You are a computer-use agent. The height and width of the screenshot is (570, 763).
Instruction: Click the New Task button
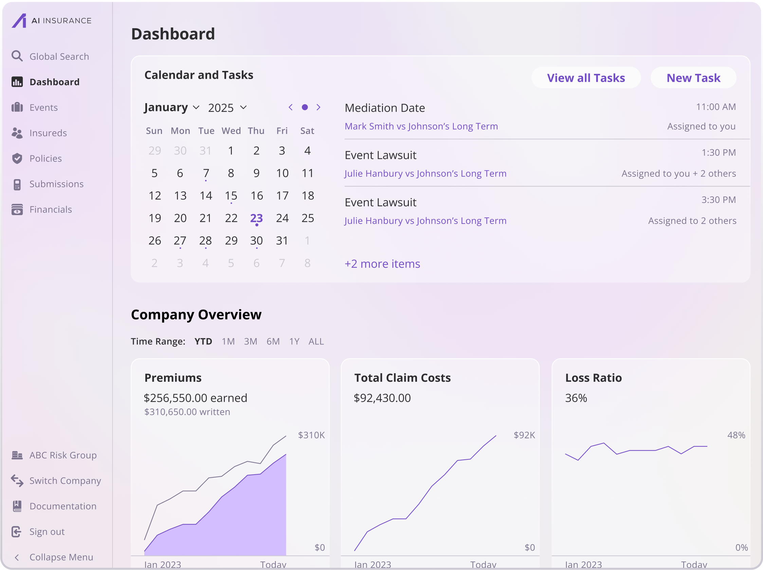click(x=693, y=78)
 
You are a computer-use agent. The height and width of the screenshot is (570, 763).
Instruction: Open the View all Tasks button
click(x=586, y=78)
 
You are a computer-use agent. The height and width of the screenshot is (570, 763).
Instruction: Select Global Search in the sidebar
click(x=59, y=57)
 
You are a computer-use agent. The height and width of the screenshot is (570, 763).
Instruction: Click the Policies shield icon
click(x=17, y=158)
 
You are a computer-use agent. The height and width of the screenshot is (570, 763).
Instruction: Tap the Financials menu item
click(x=50, y=210)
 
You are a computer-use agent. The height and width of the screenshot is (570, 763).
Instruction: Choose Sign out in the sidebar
click(x=47, y=531)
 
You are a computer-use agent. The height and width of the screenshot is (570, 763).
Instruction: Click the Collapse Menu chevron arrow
click(x=17, y=557)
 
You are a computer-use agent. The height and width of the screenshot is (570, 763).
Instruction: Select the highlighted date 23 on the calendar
click(x=256, y=218)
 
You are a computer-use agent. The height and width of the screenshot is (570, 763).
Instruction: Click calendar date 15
click(x=231, y=196)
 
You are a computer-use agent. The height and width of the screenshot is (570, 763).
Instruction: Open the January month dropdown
click(x=171, y=108)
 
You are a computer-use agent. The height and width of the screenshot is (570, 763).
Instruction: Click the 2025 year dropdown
click(x=227, y=108)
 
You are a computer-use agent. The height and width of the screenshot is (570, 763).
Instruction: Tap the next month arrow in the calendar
click(x=319, y=108)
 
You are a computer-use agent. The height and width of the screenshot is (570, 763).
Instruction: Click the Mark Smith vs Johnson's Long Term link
click(x=421, y=127)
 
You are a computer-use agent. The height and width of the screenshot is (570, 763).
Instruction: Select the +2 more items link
click(x=382, y=264)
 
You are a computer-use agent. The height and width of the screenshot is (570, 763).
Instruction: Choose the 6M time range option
click(x=273, y=342)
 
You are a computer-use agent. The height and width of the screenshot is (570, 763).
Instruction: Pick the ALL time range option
click(x=316, y=342)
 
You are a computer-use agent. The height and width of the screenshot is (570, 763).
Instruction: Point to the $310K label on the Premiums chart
click(x=311, y=435)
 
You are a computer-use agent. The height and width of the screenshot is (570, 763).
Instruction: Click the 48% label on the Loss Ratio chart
click(x=736, y=435)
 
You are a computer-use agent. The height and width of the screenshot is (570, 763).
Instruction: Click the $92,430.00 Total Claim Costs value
click(x=382, y=398)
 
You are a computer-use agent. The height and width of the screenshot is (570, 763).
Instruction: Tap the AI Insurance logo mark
click(x=19, y=21)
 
